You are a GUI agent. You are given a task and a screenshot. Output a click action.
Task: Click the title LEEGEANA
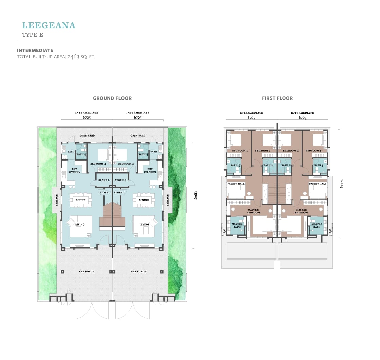(49, 25)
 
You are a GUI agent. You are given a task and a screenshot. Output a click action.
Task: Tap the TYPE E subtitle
(33, 35)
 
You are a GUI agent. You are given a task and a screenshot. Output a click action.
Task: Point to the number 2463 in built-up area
(73, 57)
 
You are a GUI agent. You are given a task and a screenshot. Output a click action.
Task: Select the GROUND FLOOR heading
(112, 98)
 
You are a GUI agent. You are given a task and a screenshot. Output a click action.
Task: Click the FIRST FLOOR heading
(277, 98)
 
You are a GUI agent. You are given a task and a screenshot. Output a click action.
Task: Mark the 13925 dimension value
(196, 195)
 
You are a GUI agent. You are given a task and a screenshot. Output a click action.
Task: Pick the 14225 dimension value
(341, 184)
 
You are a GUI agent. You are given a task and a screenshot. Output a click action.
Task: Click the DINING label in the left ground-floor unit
(80, 200)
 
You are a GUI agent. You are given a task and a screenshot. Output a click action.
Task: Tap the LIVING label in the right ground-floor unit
(144, 224)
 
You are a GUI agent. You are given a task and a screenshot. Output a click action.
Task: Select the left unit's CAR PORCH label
(87, 271)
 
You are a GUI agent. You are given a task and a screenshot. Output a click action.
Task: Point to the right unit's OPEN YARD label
(138, 136)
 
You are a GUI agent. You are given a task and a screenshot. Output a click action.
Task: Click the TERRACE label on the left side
(57, 200)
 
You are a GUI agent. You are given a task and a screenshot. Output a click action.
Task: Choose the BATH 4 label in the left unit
(81, 154)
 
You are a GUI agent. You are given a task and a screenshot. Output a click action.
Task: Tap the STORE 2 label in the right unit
(120, 180)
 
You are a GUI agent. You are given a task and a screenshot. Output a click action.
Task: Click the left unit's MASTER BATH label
(237, 226)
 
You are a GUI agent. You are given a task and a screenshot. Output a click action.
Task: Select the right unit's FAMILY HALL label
(318, 184)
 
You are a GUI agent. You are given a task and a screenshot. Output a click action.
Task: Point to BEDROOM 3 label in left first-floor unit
(240, 151)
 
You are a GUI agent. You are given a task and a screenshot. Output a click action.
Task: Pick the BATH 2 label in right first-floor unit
(286, 165)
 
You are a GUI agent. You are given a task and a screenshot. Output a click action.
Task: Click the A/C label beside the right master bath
(330, 231)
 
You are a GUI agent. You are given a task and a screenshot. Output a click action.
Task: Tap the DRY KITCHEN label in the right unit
(150, 170)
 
